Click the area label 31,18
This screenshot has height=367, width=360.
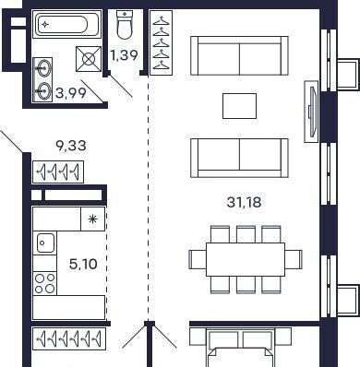pyautogui.click(x=244, y=202)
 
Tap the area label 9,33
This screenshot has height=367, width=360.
pyautogui.click(x=71, y=146)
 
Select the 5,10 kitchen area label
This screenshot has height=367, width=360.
pyautogui.click(x=83, y=264)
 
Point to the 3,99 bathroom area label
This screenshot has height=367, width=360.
pyautogui.click(x=71, y=92)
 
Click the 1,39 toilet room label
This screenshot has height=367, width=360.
pyautogui.click(x=124, y=55)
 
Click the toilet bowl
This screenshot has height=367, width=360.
pyautogui.click(x=125, y=25)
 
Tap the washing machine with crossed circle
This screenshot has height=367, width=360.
pyautogui.click(x=89, y=59)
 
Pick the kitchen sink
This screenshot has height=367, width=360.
pyautogui.click(x=45, y=243)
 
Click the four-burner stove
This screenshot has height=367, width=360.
pyautogui.click(x=45, y=283)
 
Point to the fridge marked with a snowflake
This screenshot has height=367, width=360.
pyautogui.click(x=92, y=219)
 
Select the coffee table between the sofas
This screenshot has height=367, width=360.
pyautogui.click(x=239, y=106)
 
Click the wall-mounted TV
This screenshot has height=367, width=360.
pyautogui.click(x=311, y=112)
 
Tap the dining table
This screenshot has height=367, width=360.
pyautogui.click(x=246, y=260)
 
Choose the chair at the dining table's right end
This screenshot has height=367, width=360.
pyautogui.click(x=294, y=260)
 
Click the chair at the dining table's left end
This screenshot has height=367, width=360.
pyautogui.click(x=198, y=260)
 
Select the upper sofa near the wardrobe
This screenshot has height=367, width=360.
pyautogui.click(x=239, y=55)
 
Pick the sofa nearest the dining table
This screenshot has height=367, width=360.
pyautogui.click(x=239, y=158)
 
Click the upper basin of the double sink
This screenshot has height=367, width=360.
pyautogui.click(x=43, y=67)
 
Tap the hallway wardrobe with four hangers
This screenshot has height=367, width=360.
pyautogui.click(x=58, y=172)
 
